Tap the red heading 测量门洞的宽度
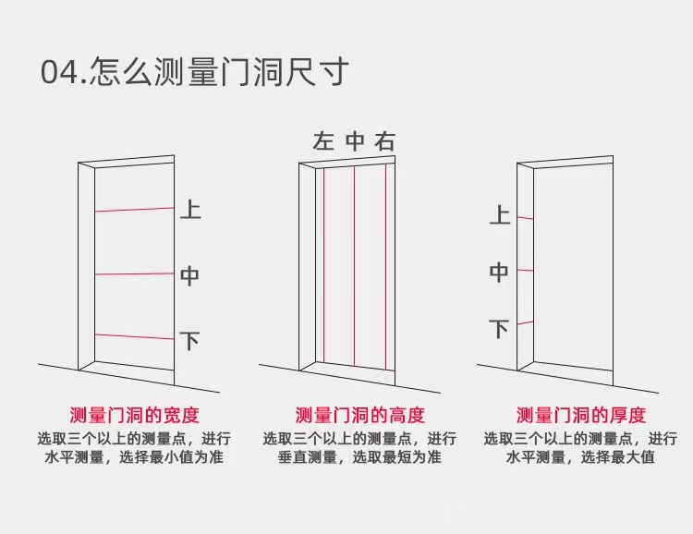pyautogui.click(x=134, y=415)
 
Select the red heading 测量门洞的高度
pyautogui.click(x=359, y=415)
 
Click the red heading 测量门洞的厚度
pyautogui.click(x=581, y=415)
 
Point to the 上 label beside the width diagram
pyautogui.click(x=189, y=210)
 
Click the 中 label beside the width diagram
pyautogui.click(x=189, y=275)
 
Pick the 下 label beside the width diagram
pyautogui.click(x=189, y=341)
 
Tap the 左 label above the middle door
pyautogui.click(x=322, y=141)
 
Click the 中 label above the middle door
pyautogui.click(x=355, y=141)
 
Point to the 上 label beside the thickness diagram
pyautogui.click(x=500, y=216)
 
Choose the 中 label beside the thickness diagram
pyautogui.click(x=500, y=273)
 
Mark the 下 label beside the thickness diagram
pyautogui.click(x=500, y=329)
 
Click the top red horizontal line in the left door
pyautogui.click(x=134, y=210)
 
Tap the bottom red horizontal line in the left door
pyautogui.click(x=134, y=336)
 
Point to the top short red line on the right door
pyautogui.click(x=525, y=218)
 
